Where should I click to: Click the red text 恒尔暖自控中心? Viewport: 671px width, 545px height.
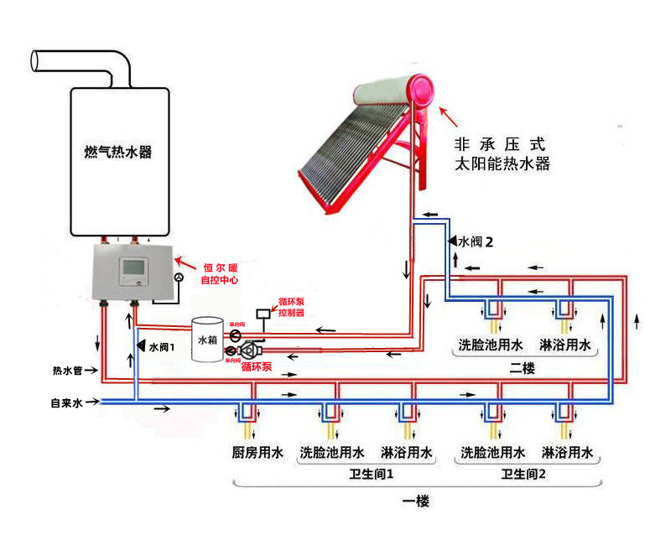coord(220,274)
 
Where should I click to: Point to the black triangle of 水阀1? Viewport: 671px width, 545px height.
coord(140,345)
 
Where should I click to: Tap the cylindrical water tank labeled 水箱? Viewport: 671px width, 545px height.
coord(206,340)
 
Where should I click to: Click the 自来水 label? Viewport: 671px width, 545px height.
coord(67,403)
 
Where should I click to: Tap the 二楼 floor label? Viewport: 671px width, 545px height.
coord(522,368)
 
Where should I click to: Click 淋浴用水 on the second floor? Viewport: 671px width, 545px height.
coord(567,344)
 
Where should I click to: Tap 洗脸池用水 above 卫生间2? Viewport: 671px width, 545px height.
coord(492,454)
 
